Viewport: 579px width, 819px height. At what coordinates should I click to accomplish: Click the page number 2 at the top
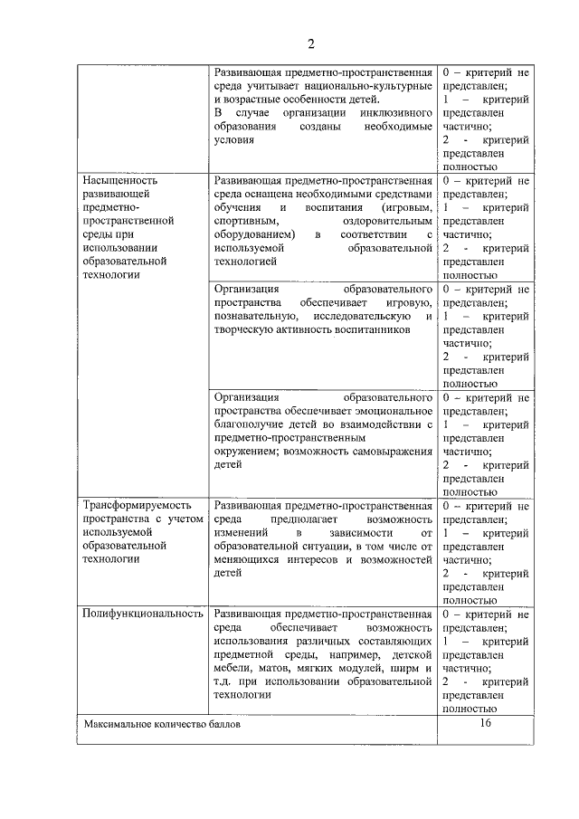click(310, 43)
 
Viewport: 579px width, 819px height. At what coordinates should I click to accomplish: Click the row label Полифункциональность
click(142, 614)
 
